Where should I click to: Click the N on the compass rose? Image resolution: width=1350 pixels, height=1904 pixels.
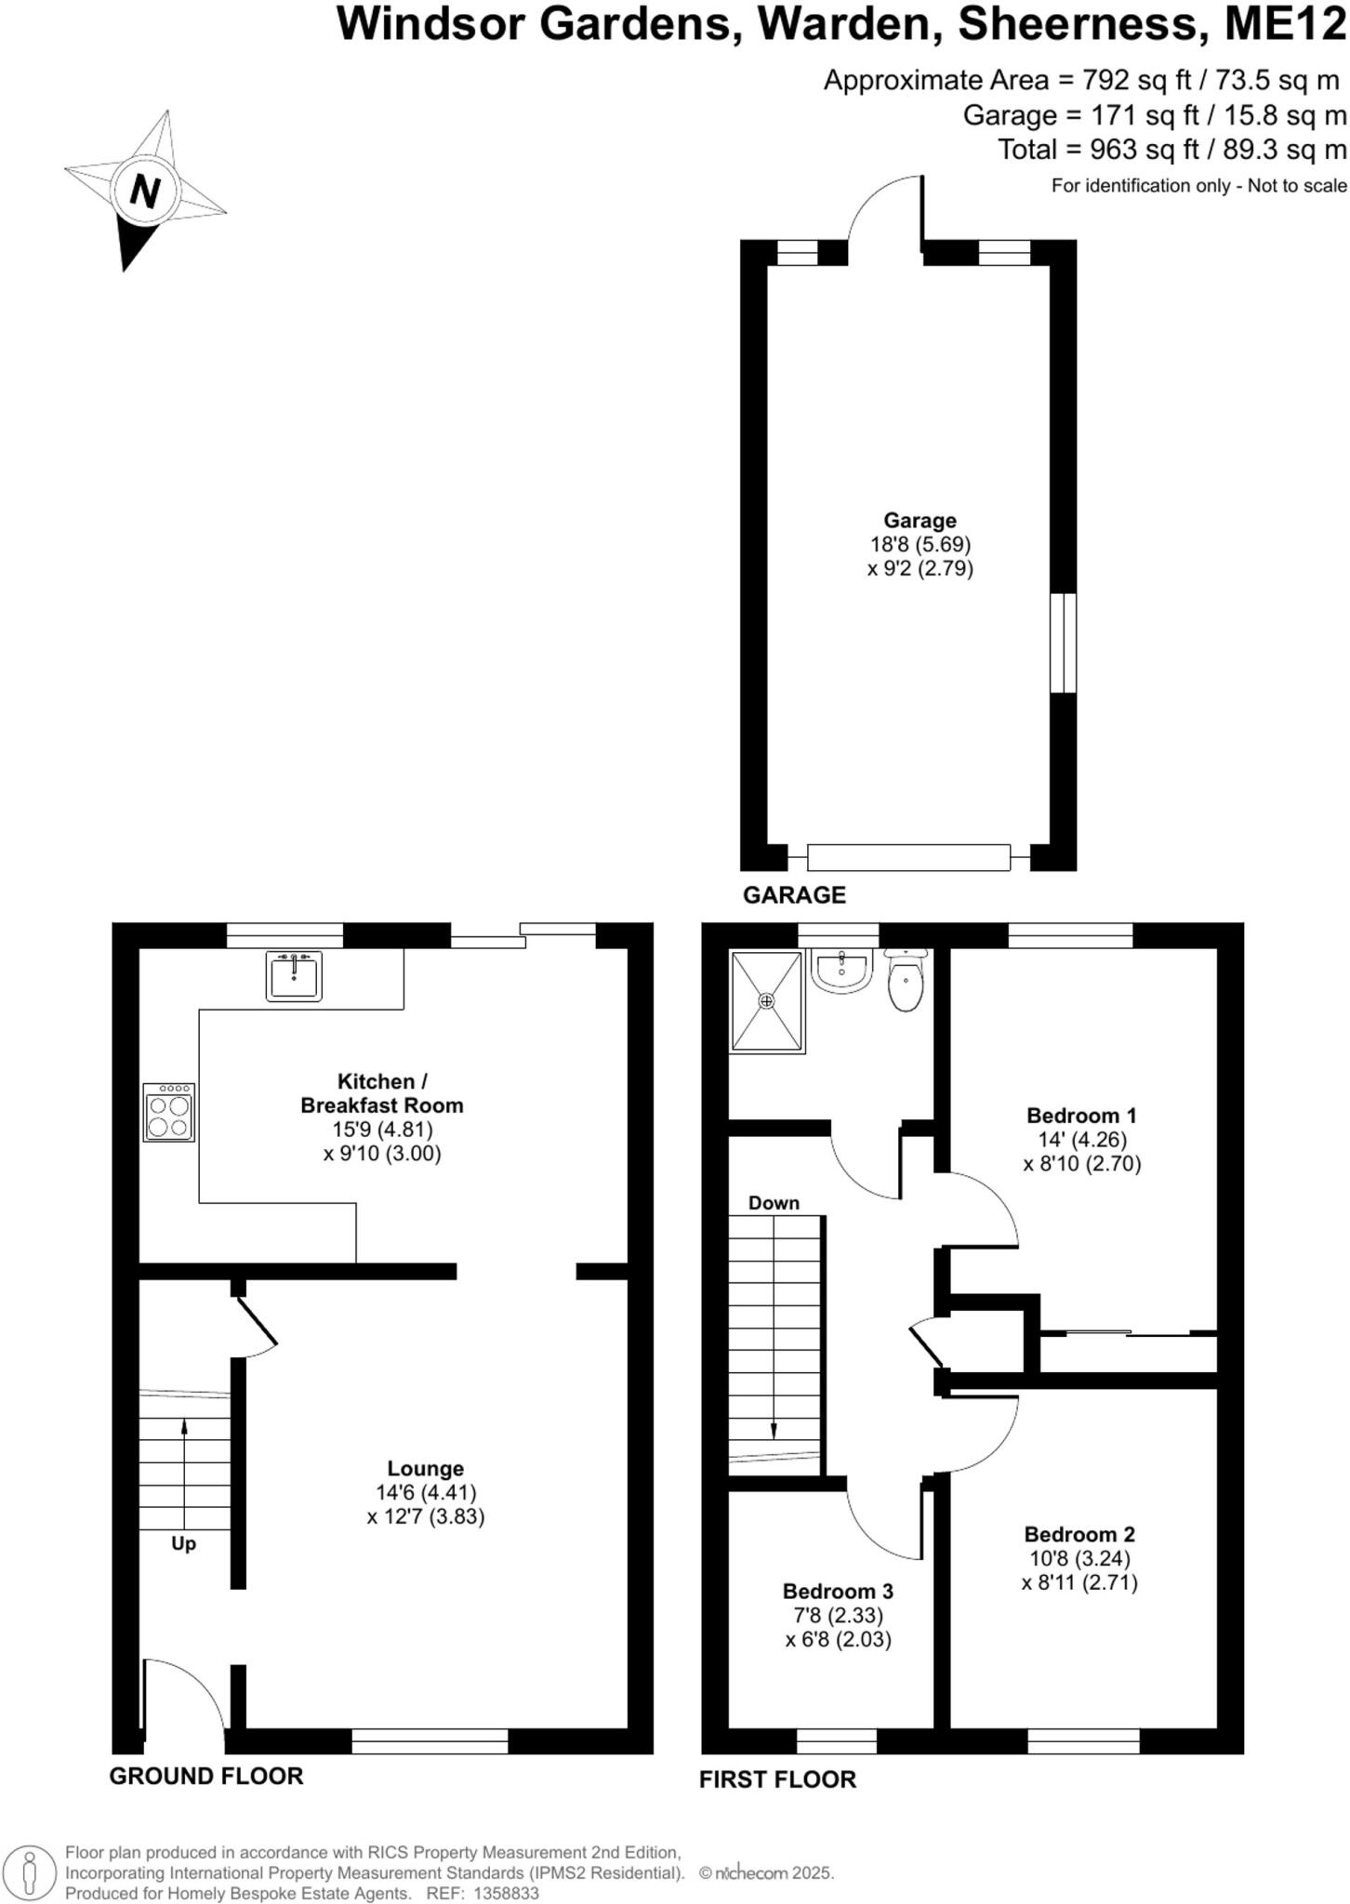point(143,191)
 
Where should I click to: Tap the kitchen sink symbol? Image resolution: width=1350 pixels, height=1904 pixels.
point(294,975)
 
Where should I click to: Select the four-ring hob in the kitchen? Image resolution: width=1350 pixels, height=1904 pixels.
point(169,1113)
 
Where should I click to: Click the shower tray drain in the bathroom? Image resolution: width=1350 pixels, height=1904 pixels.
point(766,1001)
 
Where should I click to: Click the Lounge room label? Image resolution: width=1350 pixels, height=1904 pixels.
point(425,1469)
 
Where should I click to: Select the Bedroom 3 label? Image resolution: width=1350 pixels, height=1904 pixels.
point(838,1591)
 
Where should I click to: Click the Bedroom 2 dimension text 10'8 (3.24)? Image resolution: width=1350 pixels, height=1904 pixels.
point(1079,1558)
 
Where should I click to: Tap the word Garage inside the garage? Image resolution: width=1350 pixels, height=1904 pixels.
point(920,521)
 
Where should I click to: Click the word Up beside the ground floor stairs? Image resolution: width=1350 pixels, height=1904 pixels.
point(183,1544)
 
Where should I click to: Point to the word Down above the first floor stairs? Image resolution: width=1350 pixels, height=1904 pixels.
point(774,1203)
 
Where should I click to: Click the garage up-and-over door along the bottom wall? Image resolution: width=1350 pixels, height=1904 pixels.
point(908,857)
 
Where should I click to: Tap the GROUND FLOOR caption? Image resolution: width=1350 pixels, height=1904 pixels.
point(206,1776)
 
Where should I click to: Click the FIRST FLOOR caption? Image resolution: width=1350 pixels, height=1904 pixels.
point(777,1779)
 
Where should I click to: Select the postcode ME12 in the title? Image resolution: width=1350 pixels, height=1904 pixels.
point(1285,23)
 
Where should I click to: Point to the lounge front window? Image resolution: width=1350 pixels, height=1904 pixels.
point(430,1740)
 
